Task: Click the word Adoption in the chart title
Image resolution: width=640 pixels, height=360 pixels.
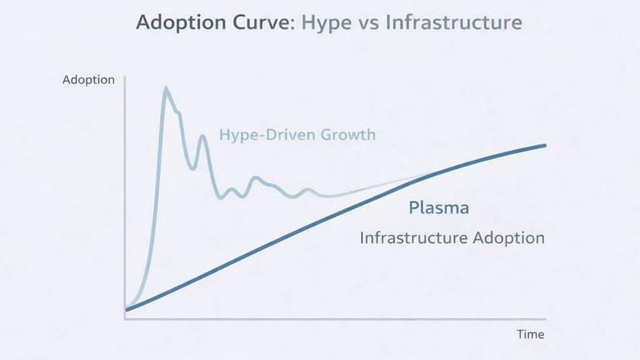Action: click(173, 22)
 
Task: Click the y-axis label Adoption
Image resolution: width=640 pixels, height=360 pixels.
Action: click(89, 80)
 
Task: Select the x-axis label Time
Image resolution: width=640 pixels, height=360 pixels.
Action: click(530, 335)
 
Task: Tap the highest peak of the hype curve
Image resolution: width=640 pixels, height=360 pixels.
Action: click(165, 89)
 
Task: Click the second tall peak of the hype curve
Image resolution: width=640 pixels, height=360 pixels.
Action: click(203, 137)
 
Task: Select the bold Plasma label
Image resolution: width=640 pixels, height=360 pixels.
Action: click(438, 209)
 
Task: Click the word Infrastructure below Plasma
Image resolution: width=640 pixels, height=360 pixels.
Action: click(412, 238)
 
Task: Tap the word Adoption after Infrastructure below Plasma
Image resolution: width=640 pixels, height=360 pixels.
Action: click(507, 238)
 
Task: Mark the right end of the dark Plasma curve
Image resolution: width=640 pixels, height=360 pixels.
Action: click(545, 145)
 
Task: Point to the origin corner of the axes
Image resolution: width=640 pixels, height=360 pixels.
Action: click(125, 318)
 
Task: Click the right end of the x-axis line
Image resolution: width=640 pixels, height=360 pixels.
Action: click(546, 318)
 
